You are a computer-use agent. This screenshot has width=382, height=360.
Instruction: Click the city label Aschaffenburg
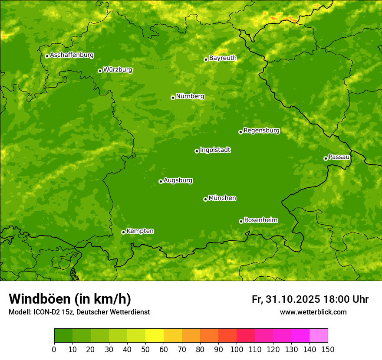(x=72, y=55)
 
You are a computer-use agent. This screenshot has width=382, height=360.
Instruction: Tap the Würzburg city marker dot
(x=100, y=71)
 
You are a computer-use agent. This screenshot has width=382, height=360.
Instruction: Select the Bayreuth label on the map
(x=223, y=58)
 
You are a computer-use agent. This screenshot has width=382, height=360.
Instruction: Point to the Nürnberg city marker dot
(x=173, y=98)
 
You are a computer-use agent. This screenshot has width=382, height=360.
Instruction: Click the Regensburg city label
(x=261, y=131)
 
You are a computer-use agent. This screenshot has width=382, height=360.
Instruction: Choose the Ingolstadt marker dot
(x=197, y=151)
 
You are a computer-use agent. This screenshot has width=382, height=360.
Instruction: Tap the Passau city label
(x=339, y=157)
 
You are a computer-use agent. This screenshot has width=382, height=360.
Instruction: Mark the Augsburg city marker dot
(x=161, y=181)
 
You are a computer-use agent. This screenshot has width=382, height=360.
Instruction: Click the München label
(x=222, y=198)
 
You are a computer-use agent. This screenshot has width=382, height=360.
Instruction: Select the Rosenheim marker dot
(x=241, y=221)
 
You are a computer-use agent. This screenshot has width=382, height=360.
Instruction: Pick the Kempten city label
(x=140, y=231)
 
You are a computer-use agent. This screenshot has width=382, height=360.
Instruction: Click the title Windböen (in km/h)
(x=70, y=299)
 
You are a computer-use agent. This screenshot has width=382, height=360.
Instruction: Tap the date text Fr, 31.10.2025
(x=286, y=299)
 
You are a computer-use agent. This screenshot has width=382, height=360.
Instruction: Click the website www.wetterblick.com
(x=313, y=312)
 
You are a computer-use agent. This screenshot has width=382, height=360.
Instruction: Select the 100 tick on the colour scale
(x=237, y=349)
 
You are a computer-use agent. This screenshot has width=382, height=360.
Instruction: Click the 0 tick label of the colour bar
(x=54, y=349)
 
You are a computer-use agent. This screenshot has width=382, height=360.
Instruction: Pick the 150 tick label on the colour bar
(x=328, y=349)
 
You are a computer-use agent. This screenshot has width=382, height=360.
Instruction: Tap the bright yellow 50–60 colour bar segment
(x=155, y=336)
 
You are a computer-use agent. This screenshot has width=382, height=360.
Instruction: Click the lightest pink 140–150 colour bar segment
(x=319, y=336)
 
